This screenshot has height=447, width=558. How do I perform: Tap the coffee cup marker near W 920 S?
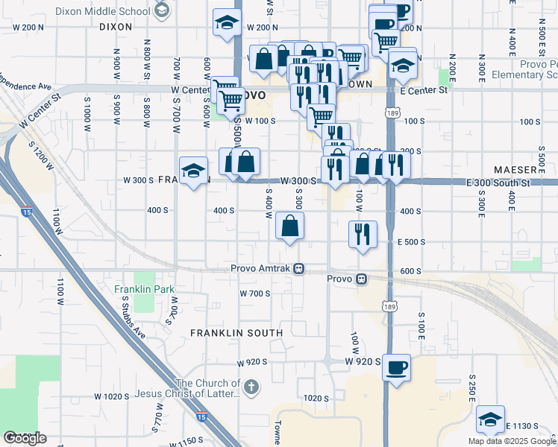point(396,367)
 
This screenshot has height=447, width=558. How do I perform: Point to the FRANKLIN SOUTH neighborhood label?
point(236,332)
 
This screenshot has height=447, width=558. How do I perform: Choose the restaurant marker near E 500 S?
point(363,234)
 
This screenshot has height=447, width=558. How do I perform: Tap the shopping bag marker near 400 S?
point(290,226)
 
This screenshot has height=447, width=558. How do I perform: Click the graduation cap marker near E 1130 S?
point(490,419)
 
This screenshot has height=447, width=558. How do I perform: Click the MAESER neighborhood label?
point(514,170)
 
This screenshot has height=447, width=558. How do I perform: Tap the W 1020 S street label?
point(112,396)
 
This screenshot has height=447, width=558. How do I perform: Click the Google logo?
point(24,438)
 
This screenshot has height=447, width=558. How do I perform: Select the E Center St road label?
point(423,91)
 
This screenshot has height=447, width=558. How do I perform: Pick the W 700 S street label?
point(254,294)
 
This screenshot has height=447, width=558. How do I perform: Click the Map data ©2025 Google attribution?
point(512,441)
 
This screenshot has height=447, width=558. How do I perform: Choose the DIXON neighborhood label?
point(115,26)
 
